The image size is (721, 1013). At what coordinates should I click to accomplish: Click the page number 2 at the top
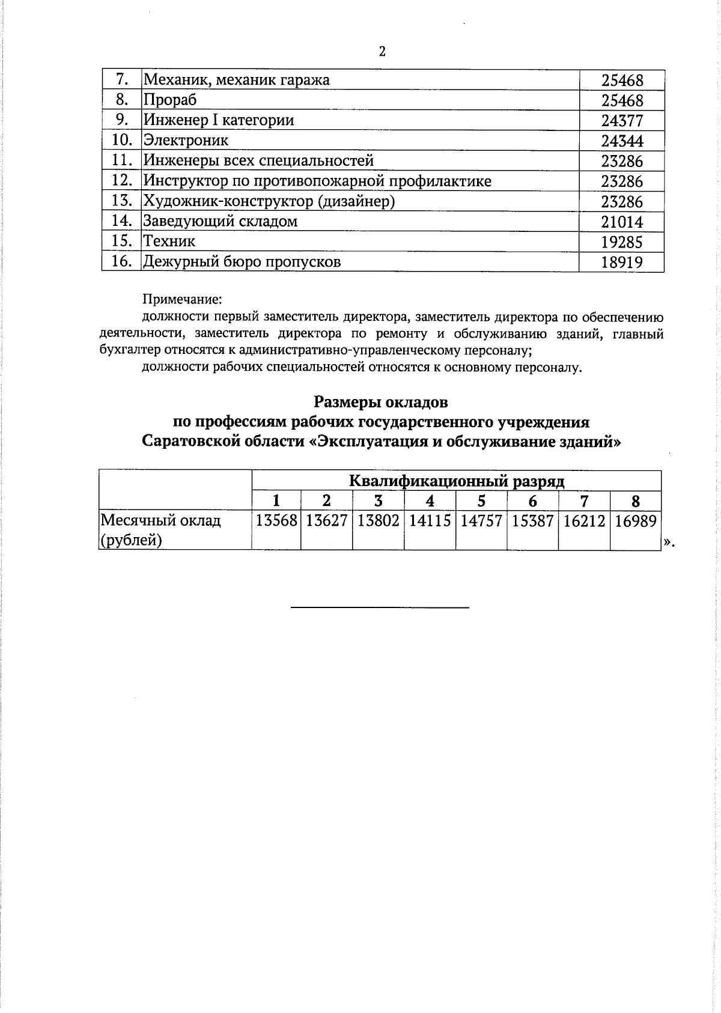[x=382, y=51]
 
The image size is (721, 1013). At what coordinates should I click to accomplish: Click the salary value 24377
[x=622, y=121]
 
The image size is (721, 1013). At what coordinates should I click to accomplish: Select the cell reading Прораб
[x=170, y=100]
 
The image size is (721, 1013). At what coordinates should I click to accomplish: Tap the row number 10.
[x=122, y=140]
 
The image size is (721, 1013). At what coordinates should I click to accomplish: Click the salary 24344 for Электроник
[x=622, y=141]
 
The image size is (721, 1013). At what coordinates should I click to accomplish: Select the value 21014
[x=622, y=222]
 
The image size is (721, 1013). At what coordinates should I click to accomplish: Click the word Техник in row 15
[x=169, y=242]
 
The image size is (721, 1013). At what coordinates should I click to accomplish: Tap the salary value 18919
[x=622, y=263]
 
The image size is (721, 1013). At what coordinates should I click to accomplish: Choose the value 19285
[x=622, y=242]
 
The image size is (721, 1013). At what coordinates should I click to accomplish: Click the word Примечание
[x=182, y=299]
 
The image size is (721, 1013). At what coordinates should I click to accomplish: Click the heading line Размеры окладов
[x=381, y=401]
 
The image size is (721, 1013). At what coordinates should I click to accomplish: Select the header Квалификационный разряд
[x=456, y=481]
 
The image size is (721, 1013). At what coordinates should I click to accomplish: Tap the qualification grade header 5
[x=481, y=501]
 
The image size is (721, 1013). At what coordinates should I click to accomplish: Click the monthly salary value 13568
[x=276, y=521]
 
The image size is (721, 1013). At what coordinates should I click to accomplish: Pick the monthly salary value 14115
[x=430, y=521]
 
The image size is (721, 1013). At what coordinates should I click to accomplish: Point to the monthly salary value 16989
[x=636, y=521]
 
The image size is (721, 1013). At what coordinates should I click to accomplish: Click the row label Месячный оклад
[x=161, y=520]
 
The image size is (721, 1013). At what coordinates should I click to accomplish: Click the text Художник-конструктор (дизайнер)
[x=269, y=201]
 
